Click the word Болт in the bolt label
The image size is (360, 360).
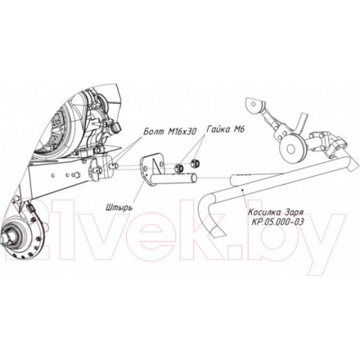pyautogui.click(x=154, y=132)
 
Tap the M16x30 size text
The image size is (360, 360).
pyautogui.click(x=182, y=132)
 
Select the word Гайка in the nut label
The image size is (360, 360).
pyautogui.click(x=217, y=129)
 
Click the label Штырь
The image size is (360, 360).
pyautogui.click(x=119, y=207)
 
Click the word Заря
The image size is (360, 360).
pyautogui.click(x=294, y=212)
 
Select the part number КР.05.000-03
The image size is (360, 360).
pyautogui.click(x=278, y=222)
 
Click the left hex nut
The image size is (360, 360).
pyautogui.click(x=179, y=168)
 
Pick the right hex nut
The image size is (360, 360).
pyautogui.click(x=196, y=163)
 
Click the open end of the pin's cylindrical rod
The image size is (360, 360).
pyautogui.click(x=193, y=178)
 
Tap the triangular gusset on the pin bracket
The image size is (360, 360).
pyautogui.click(x=156, y=166)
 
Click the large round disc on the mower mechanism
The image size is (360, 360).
pyautogui.click(x=292, y=147)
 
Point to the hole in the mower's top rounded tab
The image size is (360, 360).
pyautogui.click(x=254, y=104)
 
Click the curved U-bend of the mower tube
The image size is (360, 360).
pyautogui.click(x=207, y=207)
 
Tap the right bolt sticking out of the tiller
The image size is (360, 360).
pyautogui.click(x=113, y=165)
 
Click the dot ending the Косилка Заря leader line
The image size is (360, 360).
pyautogui.click(x=242, y=189)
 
